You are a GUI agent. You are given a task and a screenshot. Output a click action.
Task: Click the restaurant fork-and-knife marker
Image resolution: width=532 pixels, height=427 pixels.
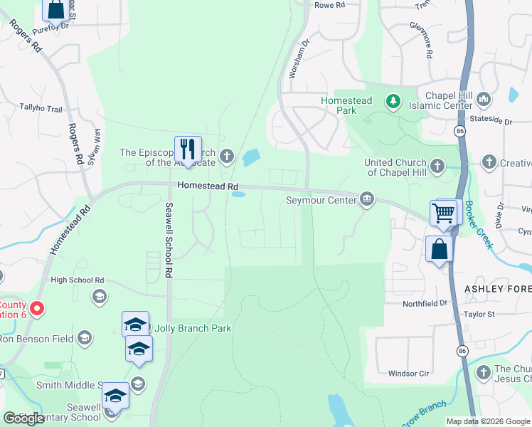click(188, 149)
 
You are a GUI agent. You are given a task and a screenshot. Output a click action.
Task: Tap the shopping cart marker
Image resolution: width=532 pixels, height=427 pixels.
click(442, 213)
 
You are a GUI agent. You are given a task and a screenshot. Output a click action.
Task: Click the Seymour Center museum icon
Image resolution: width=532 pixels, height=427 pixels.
click(367, 199)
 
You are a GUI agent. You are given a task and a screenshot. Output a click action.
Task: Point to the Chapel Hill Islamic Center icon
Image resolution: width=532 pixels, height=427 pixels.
click(484, 97)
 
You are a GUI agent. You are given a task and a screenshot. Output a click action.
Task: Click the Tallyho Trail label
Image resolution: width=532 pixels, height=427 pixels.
click(42, 110)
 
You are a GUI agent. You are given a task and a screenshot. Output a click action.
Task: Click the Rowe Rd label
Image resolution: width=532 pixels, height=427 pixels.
click(329, 5)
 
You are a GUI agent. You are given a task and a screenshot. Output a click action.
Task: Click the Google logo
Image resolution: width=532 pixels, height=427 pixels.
click(23, 418)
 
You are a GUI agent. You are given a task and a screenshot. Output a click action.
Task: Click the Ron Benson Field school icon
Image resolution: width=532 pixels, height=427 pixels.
click(85, 337)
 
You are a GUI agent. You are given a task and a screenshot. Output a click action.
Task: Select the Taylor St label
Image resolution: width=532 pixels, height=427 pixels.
click(498, 314)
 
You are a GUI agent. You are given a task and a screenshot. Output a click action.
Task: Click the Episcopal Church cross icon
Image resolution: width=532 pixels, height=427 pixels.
click(226, 156)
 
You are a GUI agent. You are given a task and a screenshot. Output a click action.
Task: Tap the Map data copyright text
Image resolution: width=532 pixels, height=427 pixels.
click(487, 421)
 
